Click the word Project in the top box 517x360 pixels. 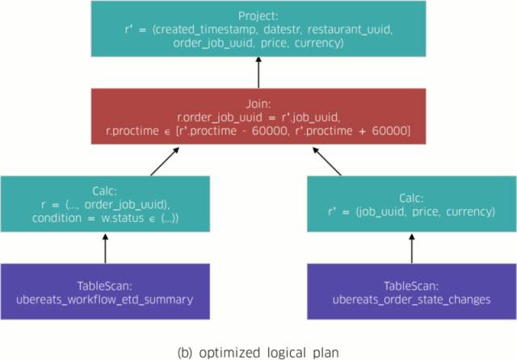pyautogui.click(x=258, y=16)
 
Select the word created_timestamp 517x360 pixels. pyautogui.click(x=204, y=30)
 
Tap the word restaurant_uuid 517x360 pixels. pyautogui.click(x=350, y=30)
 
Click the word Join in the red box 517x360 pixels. pyautogui.click(x=258, y=104)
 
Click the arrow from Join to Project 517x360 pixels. pyautogui.click(x=258, y=73)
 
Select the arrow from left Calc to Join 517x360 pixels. pyautogui.click(x=165, y=161)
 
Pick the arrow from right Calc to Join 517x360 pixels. pyautogui.click(x=326, y=161)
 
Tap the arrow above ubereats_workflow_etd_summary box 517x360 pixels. pyautogui.click(x=105, y=249)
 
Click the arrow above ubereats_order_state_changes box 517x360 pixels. pyautogui.click(x=411, y=249)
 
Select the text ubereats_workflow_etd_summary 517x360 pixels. pyautogui.click(x=104, y=299)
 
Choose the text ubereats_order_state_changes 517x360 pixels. pyautogui.click(x=411, y=299)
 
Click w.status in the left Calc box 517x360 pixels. pyautogui.click(x=122, y=219)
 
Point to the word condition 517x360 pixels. pyautogui.click(x=57, y=219)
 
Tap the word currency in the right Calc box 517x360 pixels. pyautogui.click(x=470, y=211)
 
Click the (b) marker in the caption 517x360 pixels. pyautogui.click(x=185, y=353)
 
